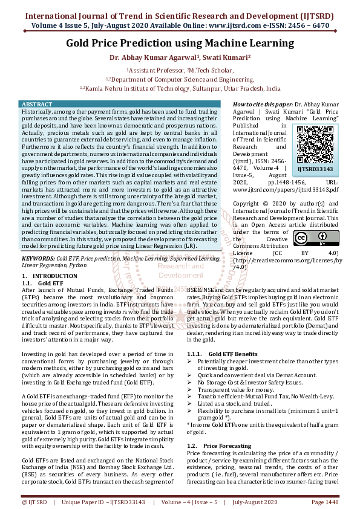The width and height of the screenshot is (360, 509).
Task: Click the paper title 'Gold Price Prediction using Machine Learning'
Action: (180, 44)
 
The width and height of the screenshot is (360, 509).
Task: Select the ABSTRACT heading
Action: (37, 105)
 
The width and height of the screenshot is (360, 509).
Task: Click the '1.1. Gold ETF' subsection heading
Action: (42, 282)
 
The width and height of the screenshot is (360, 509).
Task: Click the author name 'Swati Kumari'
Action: (229, 59)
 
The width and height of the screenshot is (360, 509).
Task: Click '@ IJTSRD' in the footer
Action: (34, 502)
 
